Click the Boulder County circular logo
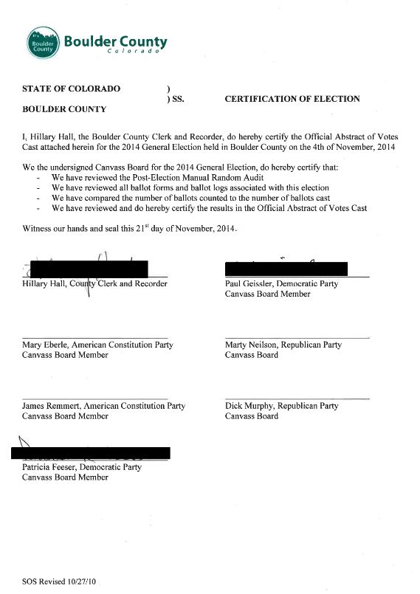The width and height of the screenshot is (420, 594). click(43, 44)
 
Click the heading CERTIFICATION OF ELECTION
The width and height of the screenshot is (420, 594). click(292, 99)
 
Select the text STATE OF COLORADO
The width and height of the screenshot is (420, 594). click(71, 89)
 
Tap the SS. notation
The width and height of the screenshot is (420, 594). click(176, 99)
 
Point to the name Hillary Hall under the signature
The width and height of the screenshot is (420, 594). click(45, 283)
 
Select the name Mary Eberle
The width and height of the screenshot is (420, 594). click(46, 345)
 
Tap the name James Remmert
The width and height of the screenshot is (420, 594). click(52, 406)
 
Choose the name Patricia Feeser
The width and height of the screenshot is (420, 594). click(50, 467)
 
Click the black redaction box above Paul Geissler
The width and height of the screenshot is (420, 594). click(286, 269)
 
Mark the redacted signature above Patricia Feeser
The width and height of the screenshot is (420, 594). click(92, 452)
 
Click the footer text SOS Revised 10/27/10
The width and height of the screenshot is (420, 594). click(59, 581)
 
